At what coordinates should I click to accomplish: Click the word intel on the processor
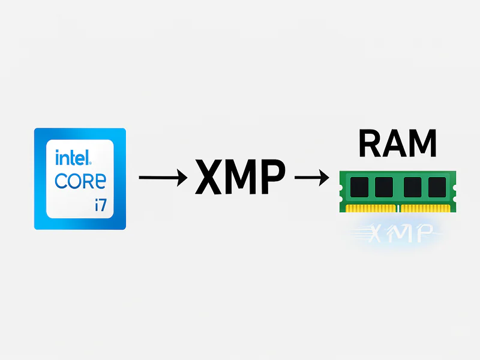click(71, 158)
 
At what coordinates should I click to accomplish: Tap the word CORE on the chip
click(80, 181)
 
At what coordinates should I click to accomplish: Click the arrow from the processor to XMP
click(162, 177)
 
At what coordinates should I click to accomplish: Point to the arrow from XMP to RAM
click(311, 177)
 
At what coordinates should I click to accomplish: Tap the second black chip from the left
click(384, 187)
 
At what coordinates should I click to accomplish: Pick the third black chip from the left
click(413, 187)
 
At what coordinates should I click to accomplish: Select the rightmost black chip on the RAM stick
click(437, 187)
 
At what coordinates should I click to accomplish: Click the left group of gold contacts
click(368, 208)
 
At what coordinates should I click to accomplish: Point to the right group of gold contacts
click(425, 208)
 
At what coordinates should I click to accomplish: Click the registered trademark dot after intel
click(91, 163)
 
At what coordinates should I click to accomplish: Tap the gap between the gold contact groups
click(397, 208)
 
